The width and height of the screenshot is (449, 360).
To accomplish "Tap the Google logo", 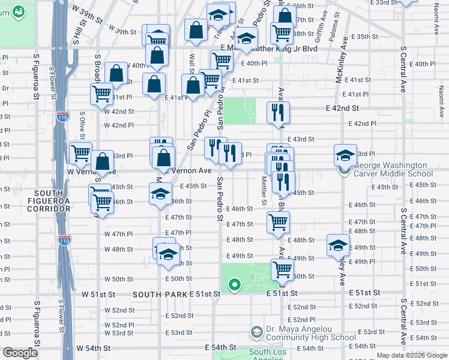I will pyautogui.click(x=20, y=353).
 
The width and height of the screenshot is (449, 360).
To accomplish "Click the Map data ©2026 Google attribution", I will pyautogui.click(x=411, y=355).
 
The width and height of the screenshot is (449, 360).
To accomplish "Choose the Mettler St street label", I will pyautogui.click(x=263, y=188).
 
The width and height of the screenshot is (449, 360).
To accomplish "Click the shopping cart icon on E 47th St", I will pyautogui.click(x=278, y=222).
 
